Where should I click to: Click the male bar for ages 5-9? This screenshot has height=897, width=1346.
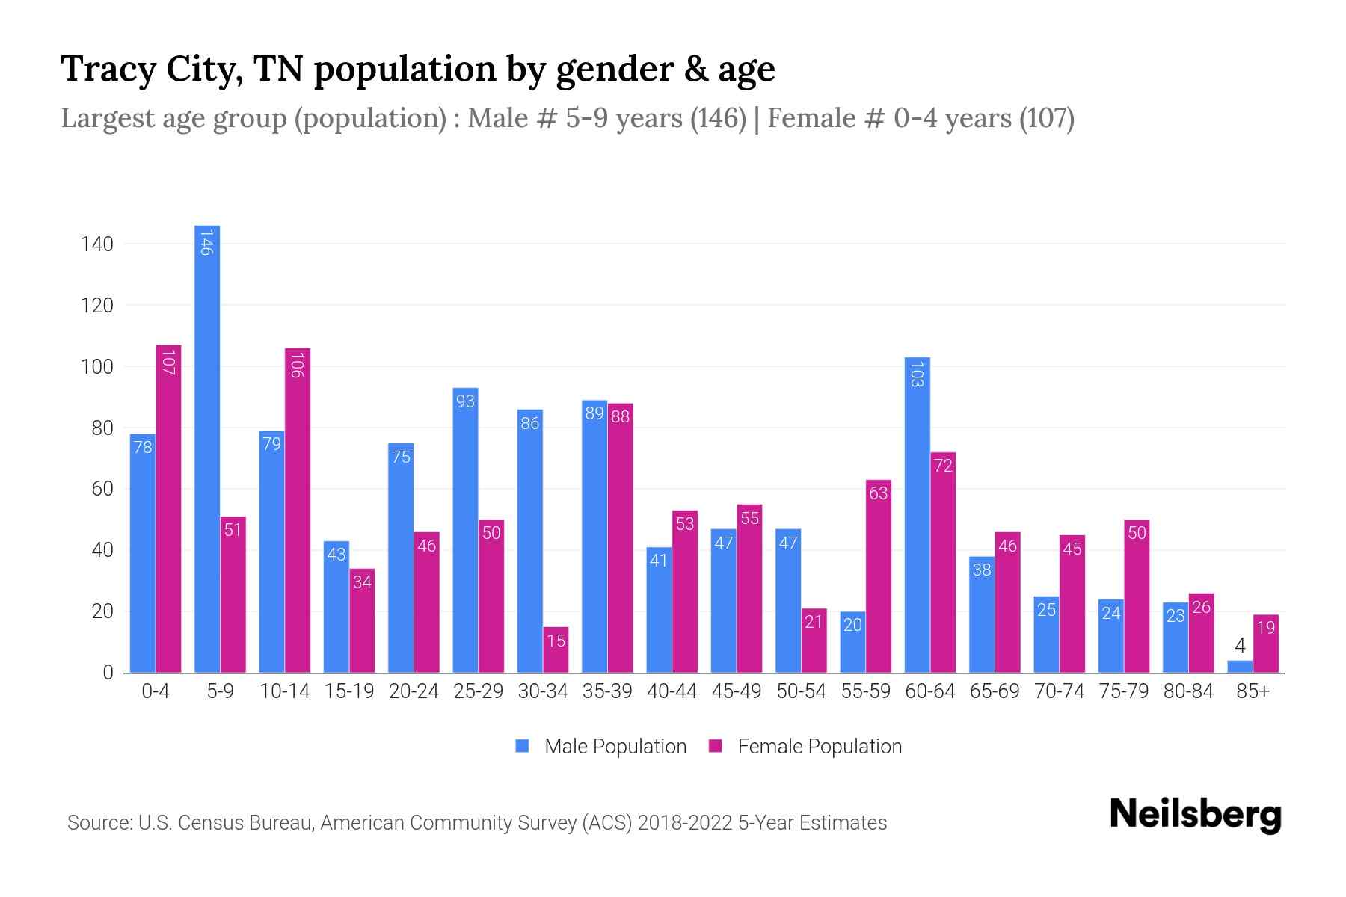click(207, 449)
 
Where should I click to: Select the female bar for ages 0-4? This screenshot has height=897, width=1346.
click(168, 508)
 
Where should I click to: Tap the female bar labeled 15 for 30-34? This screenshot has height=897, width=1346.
click(556, 650)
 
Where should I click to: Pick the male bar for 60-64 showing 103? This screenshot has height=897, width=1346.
click(917, 516)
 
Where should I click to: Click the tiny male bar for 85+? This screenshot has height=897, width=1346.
click(1239, 667)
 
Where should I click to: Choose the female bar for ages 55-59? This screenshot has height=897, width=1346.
click(879, 576)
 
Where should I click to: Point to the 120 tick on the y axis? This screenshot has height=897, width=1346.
click(97, 306)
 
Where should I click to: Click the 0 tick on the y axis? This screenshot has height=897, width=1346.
click(108, 673)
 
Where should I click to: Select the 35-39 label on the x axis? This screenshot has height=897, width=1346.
click(607, 691)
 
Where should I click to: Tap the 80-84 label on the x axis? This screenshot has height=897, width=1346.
click(1188, 691)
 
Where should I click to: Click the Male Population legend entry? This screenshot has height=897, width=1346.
click(615, 747)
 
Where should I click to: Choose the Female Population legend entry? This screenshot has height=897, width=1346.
click(819, 747)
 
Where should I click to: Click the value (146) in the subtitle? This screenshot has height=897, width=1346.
click(717, 118)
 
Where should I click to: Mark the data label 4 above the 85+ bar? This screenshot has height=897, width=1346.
click(1240, 646)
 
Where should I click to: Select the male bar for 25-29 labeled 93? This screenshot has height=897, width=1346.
click(465, 531)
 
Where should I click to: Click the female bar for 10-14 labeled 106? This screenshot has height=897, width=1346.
click(298, 511)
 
